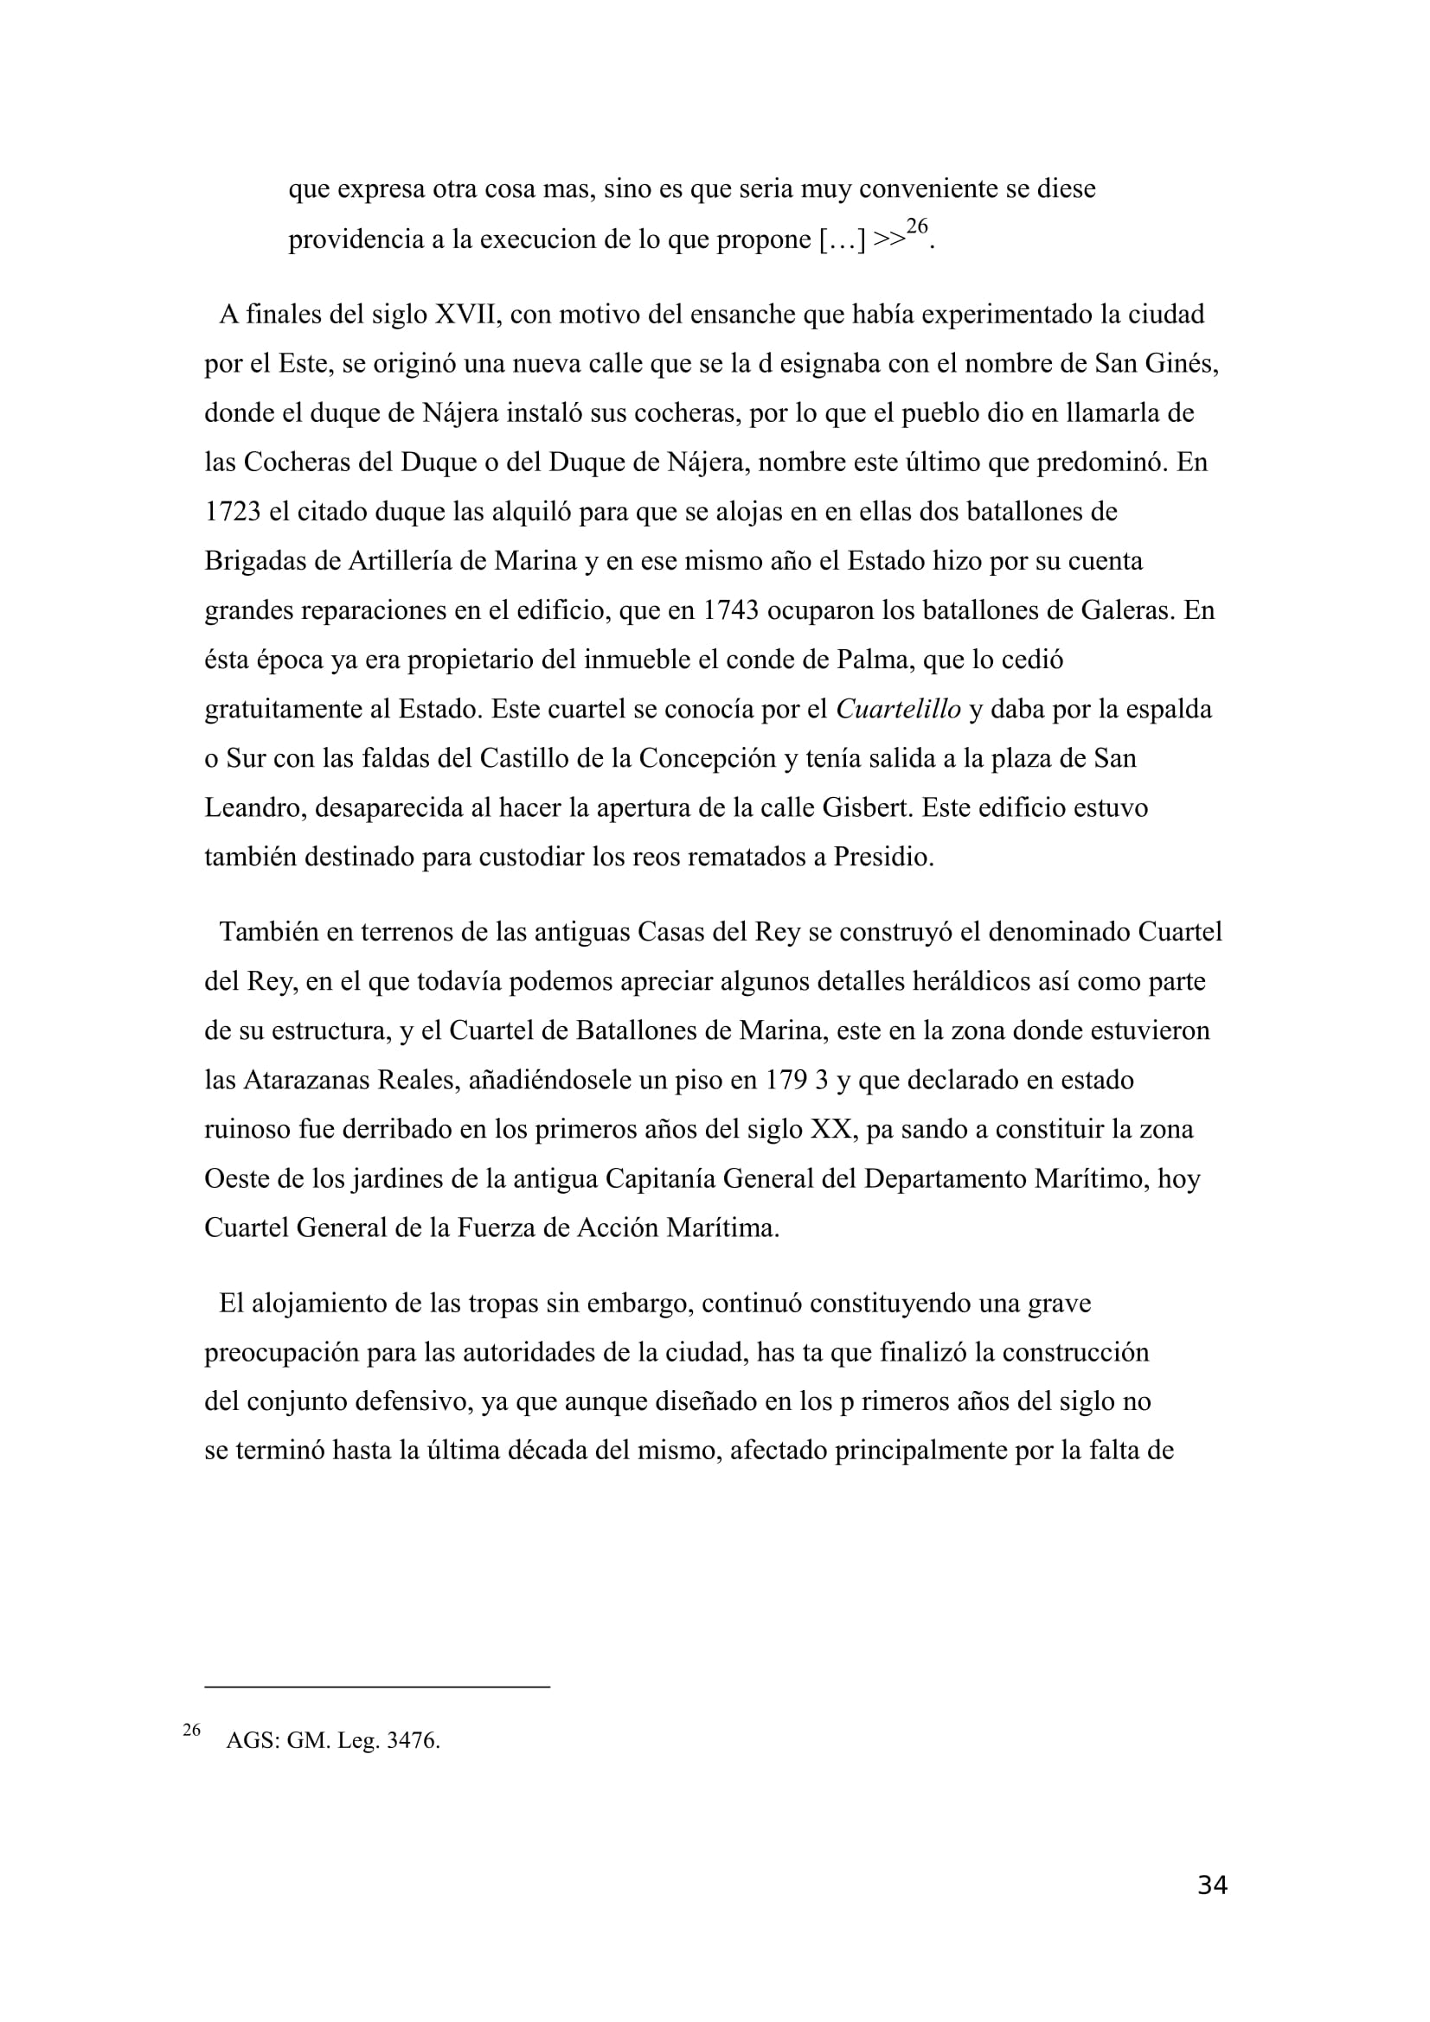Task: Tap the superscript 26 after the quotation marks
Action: (917, 227)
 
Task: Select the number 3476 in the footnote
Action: (412, 1741)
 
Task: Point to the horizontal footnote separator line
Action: (377, 1687)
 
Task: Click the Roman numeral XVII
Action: (466, 315)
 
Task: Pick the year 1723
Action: (233, 512)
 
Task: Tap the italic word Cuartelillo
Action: (898, 709)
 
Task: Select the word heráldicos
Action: (940, 981)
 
